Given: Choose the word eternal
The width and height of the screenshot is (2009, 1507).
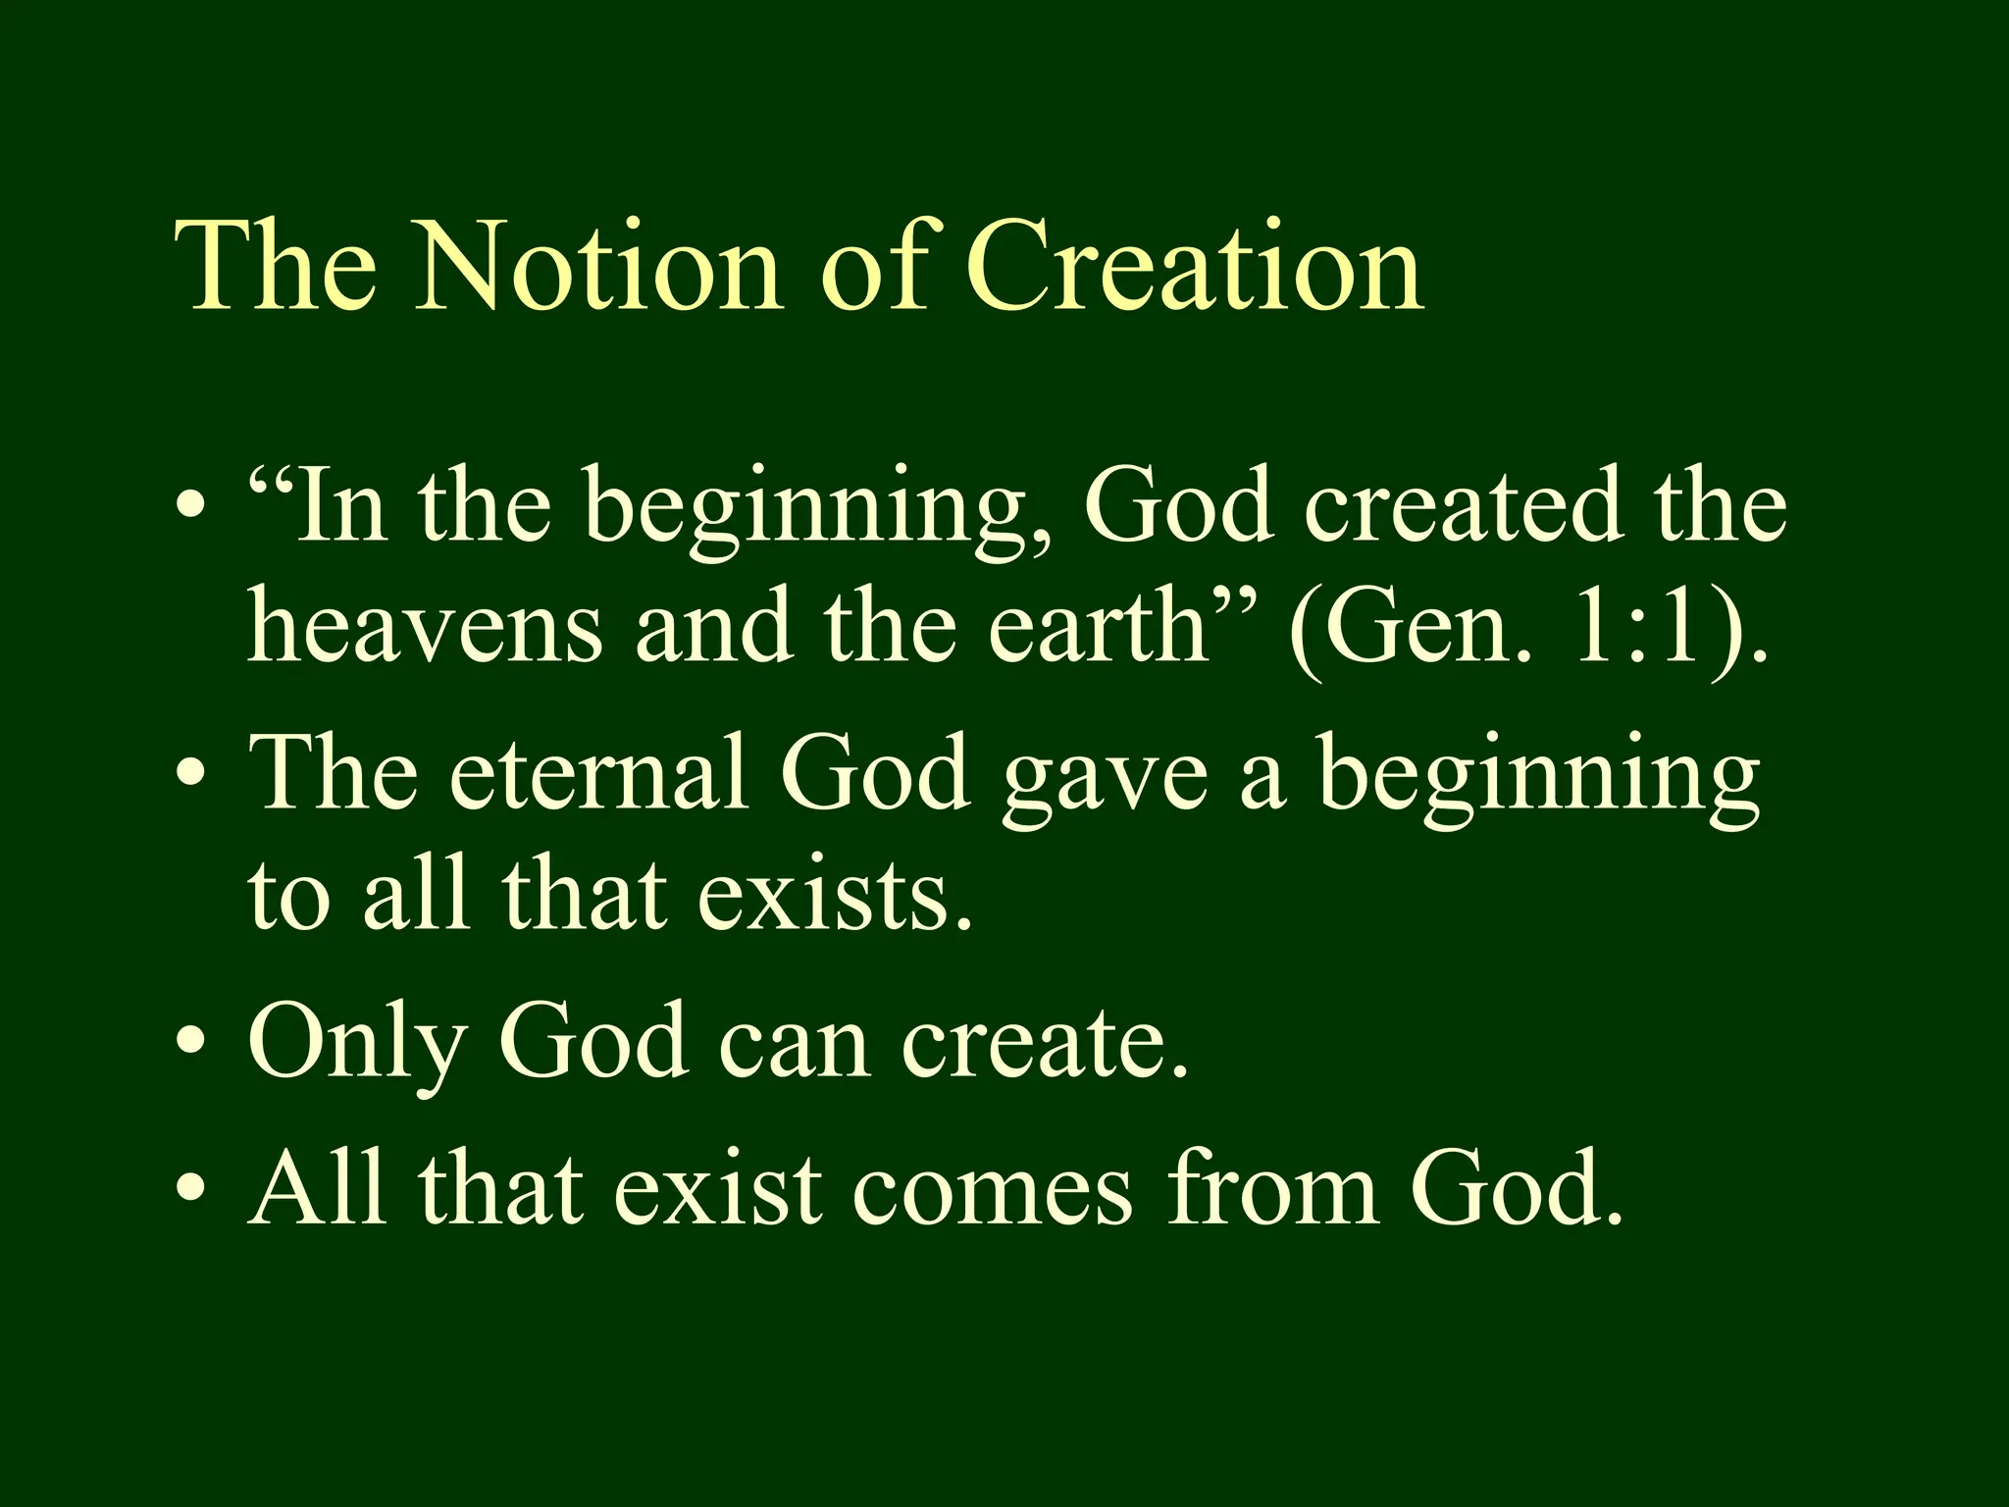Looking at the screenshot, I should [598, 773].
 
